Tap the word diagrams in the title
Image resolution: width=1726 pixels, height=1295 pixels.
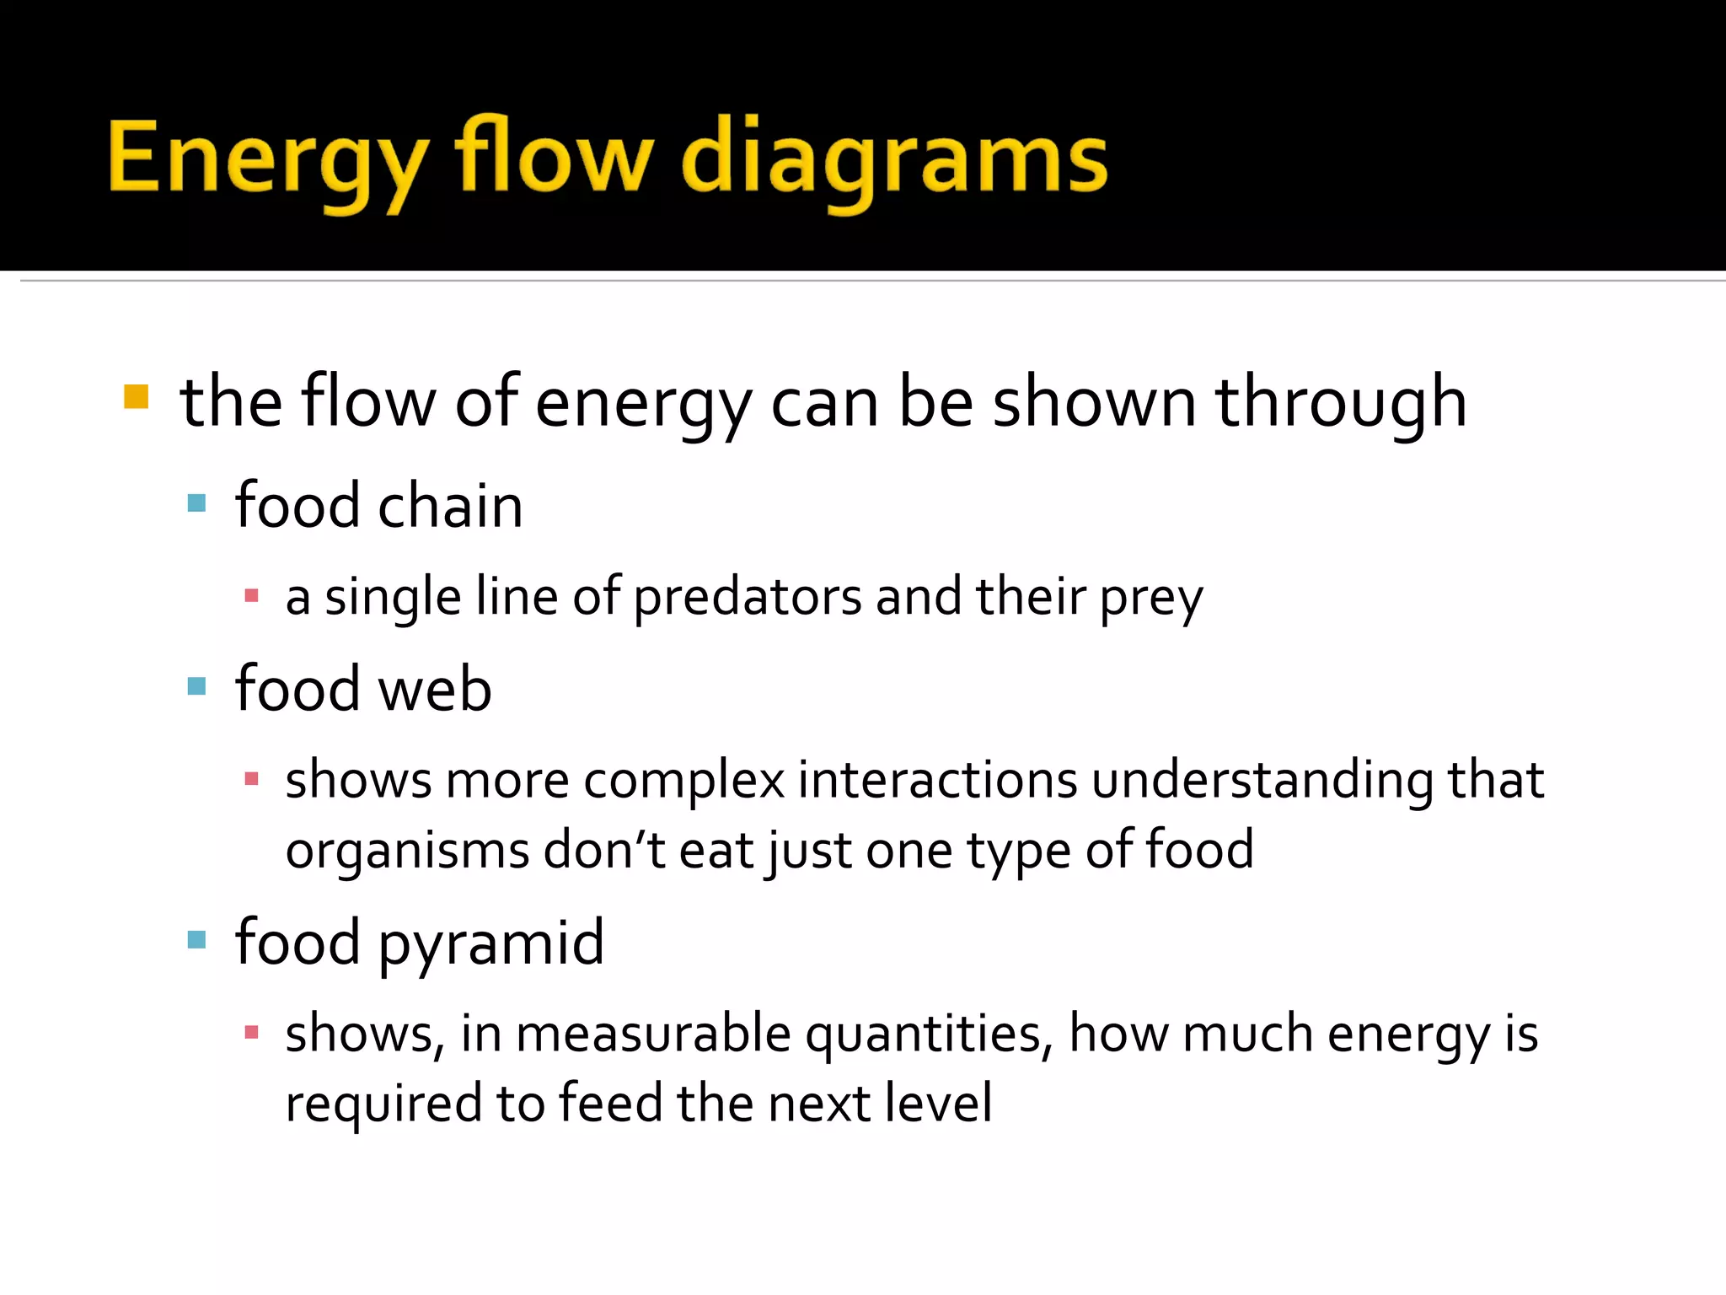(x=894, y=160)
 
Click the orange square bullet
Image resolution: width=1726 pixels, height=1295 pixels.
(x=136, y=397)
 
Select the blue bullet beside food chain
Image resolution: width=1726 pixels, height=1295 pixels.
(x=196, y=504)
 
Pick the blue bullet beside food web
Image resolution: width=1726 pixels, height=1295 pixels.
(x=196, y=686)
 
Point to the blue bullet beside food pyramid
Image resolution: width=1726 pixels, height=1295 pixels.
(x=196, y=939)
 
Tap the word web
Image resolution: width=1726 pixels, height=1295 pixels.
(x=435, y=689)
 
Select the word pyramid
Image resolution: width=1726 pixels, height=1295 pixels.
(x=490, y=943)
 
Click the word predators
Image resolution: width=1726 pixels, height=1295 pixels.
(x=747, y=597)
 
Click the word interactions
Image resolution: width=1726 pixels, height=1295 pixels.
(x=937, y=780)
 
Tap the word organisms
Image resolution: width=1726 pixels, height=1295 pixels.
(x=407, y=850)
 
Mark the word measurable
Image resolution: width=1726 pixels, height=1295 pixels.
(x=653, y=1034)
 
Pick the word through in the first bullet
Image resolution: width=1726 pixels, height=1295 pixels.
(x=1340, y=403)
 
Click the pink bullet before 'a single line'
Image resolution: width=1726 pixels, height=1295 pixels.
(x=251, y=596)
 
